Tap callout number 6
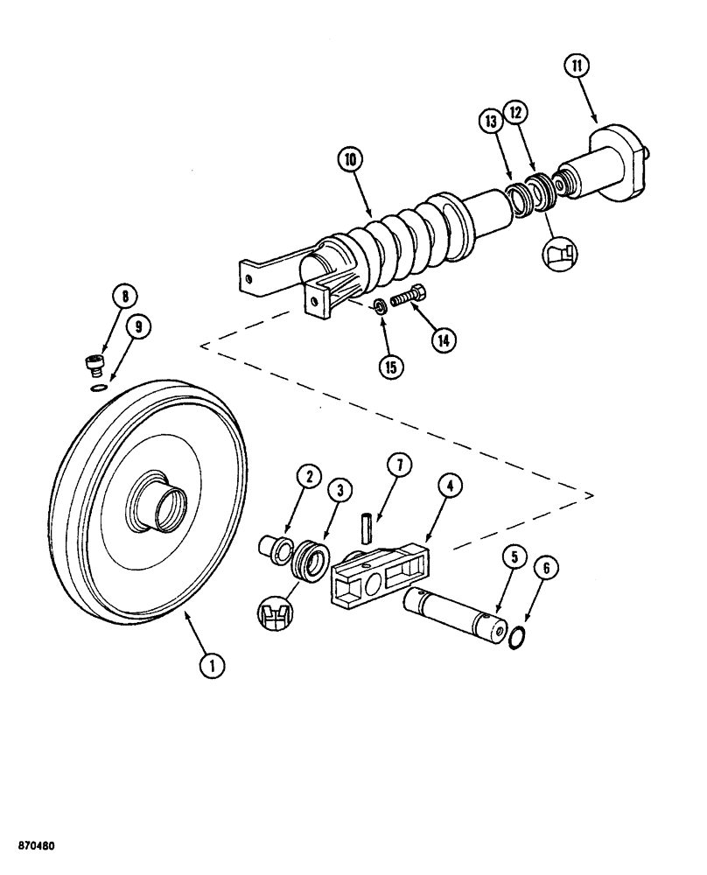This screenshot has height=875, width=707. tap(548, 569)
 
